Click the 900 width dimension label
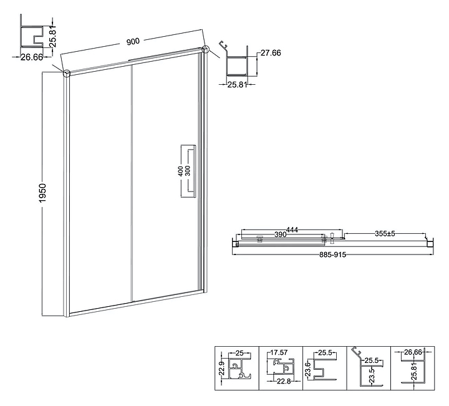(133, 42)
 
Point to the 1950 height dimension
(42, 193)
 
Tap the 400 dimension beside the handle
(181, 172)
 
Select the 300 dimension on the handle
(188, 172)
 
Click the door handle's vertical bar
(195, 172)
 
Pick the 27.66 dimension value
(271, 53)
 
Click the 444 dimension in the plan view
(292, 230)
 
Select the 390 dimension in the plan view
(281, 234)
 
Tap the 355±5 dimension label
(385, 234)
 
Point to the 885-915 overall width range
(333, 254)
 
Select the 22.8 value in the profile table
(283, 381)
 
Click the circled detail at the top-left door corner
(67, 74)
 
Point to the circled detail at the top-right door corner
(205, 49)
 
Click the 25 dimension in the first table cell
(239, 354)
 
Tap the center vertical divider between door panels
(132, 183)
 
